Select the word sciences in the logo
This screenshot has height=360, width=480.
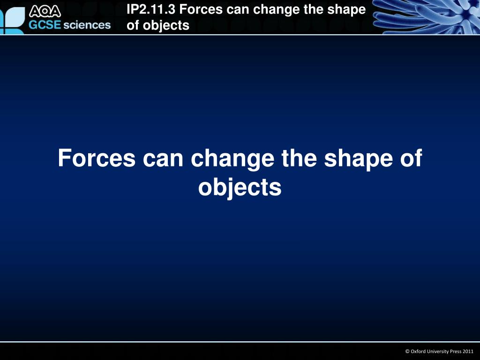tap(87, 25)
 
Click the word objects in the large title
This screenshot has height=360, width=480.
tap(240, 187)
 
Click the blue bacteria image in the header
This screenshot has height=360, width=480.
tap(424, 17)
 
